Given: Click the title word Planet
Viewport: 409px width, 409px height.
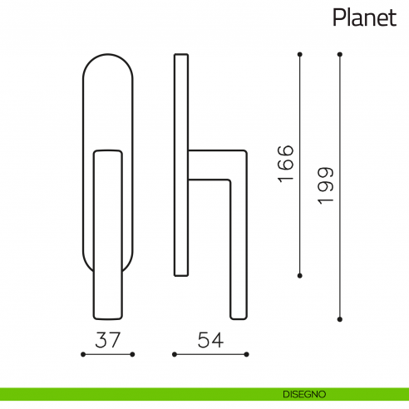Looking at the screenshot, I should click(364, 18).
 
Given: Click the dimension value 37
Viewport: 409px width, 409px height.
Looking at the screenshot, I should click(107, 339).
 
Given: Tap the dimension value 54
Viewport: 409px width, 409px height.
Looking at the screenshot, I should click(210, 339).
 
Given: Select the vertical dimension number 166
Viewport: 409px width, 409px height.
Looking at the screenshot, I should click(286, 164).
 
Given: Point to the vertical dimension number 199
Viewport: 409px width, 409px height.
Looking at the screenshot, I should click(325, 186).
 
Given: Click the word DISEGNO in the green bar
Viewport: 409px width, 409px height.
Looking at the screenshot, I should click(303, 393).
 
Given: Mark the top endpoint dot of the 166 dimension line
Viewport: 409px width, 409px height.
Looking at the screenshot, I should click(300, 55).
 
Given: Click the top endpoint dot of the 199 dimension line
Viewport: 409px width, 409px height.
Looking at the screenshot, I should click(340, 55).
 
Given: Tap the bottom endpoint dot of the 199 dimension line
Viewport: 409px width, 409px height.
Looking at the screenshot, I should click(340, 318).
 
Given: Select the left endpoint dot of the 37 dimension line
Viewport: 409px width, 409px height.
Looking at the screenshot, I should click(82, 354).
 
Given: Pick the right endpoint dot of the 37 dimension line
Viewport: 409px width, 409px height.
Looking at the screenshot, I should click(133, 354).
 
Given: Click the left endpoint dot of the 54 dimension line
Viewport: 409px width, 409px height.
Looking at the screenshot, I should click(173, 354).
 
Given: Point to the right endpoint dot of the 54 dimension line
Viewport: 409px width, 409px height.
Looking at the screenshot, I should click(248, 354).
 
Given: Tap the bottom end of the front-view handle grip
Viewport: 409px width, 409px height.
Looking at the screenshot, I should click(107, 315).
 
